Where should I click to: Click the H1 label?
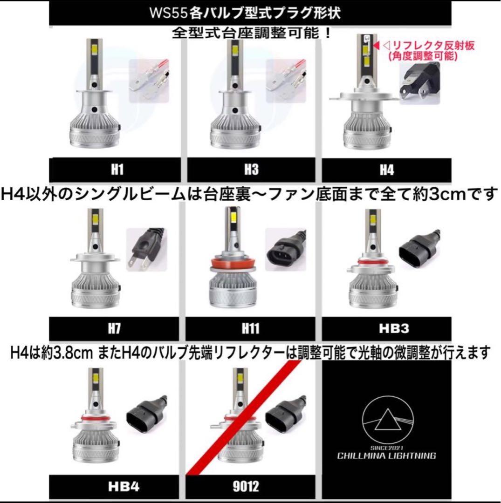117,170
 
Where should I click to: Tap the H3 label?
251,170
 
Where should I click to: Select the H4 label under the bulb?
386,170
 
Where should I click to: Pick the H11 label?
251,329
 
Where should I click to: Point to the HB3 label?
386,329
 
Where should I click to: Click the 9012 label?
251,486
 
